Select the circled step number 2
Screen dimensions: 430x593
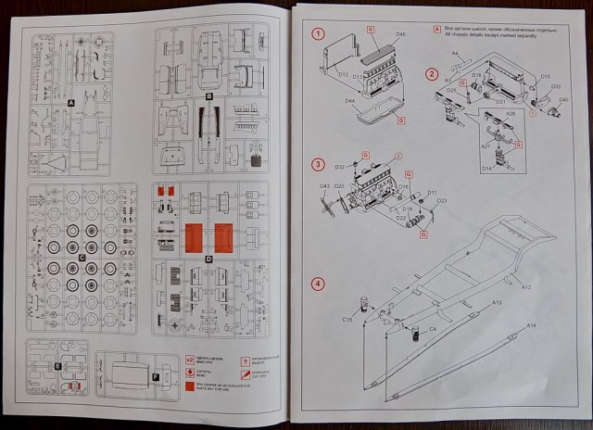coord(432,73)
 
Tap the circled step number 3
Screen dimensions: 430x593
coord(318,165)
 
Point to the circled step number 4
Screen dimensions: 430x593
coord(318,284)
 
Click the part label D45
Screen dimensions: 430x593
coord(401,34)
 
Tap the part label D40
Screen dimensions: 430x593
coord(563,99)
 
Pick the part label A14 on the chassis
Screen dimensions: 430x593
coord(531,325)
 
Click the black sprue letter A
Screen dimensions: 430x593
coord(70,104)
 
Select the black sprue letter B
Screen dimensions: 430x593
coord(209,95)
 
